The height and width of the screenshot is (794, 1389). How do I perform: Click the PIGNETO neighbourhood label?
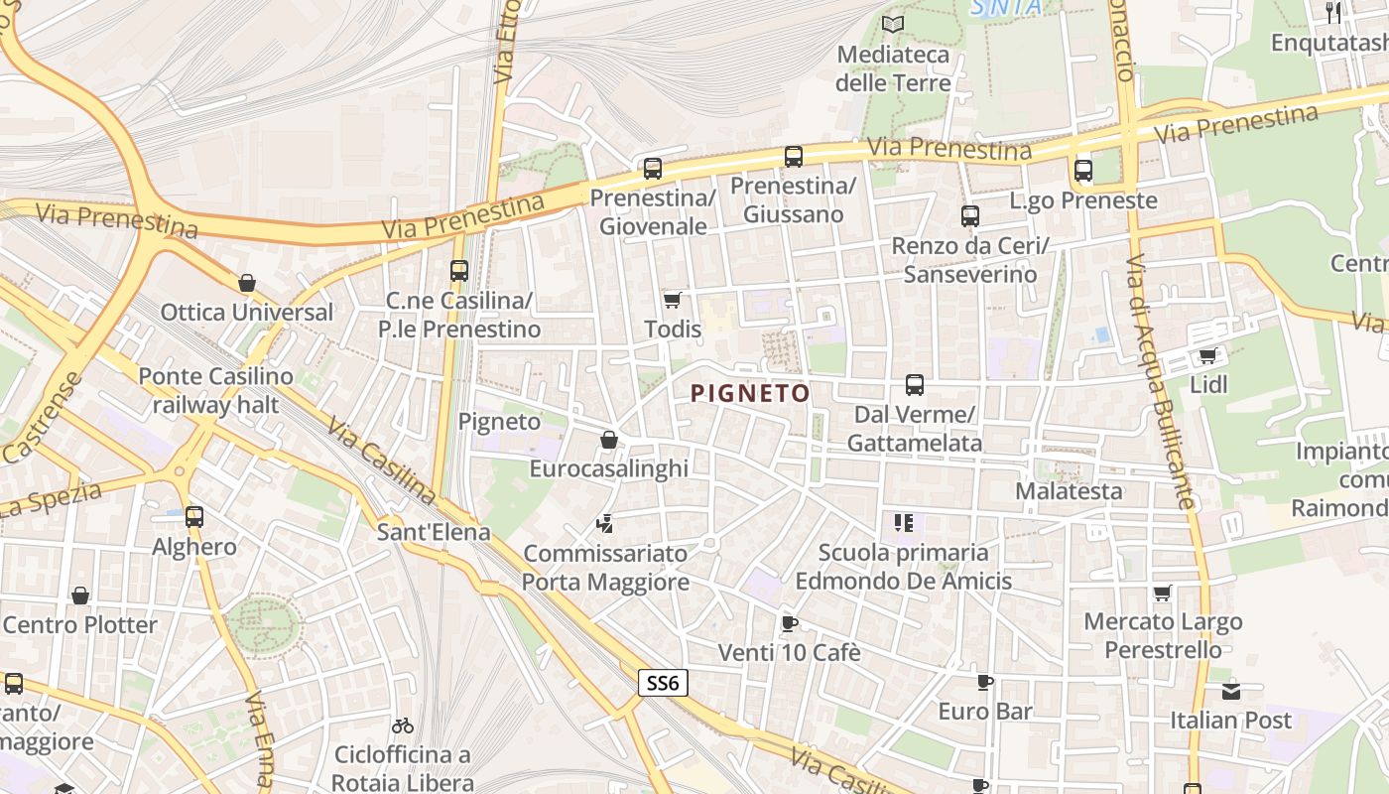click(x=750, y=393)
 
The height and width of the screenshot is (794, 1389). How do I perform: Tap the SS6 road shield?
click(x=662, y=682)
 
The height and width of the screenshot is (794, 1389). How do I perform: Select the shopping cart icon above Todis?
click(x=673, y=300)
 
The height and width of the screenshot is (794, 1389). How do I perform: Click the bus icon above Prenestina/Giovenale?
click(x=652, y=169)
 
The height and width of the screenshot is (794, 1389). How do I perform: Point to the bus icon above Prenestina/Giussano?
click(x=793, y=157)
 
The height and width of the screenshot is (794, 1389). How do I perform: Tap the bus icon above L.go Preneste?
click(x=1082, y=171)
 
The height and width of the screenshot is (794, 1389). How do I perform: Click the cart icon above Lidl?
click(x=1207, y=356)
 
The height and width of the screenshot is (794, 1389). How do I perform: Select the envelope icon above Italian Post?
click(x=1230, y=691)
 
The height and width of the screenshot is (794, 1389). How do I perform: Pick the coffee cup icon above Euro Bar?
click(x=984, y=682)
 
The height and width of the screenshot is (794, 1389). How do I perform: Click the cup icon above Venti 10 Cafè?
click(x=789, y=623)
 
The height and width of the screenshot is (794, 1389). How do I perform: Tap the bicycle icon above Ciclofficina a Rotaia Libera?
click(x=402, y=726)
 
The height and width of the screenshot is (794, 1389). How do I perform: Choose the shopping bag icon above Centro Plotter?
click(x=80, y=595)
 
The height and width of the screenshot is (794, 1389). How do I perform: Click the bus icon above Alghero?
click(x=194, y=517)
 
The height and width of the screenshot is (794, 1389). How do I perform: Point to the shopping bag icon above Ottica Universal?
click(x=247, y=283)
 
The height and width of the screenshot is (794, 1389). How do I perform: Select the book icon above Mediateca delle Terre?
click(x=893, y=25)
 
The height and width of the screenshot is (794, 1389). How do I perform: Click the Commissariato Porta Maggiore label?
click(x=605, y=568)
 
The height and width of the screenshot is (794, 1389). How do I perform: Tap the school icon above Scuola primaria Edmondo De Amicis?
click(x=903, y=523)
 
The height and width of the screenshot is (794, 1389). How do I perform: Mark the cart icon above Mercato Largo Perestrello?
click(x=1162, y=594)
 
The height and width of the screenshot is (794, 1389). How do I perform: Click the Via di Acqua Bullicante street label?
click(x=1159, y=382)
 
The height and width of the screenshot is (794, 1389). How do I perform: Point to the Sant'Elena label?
click(x=434, y=532)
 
